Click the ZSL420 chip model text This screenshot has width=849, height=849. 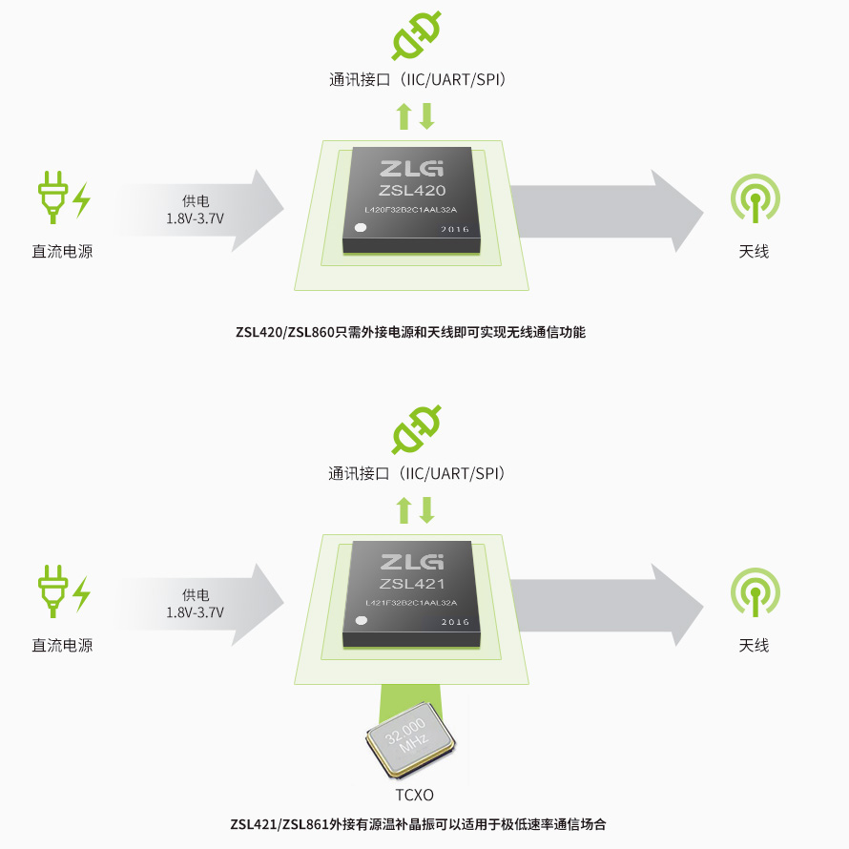click(412, 191)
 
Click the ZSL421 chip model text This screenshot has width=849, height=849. click(412, 584)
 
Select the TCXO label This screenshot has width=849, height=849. click(414, 795)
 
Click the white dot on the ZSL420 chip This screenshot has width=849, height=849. click(361, 227)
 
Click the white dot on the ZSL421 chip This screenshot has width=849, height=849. click(361, 620)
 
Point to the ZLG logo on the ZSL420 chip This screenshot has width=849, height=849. click(412, 169)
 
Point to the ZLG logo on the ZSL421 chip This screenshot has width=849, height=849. click(412, 562)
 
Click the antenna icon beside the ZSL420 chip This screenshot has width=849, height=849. click(756, 198)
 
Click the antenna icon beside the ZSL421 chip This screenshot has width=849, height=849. click(756, 591)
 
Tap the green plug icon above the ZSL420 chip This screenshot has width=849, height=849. click(416, 35)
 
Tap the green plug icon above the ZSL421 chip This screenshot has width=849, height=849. click(416, 429)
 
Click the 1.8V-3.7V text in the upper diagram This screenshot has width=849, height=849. click(195, 218)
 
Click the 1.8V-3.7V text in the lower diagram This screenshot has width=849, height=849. click(195, 612)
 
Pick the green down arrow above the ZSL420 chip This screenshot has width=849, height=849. click(427, 116)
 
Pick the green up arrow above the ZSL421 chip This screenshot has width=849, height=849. click(404, 510)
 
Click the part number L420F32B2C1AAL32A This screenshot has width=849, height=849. click(411, 210)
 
